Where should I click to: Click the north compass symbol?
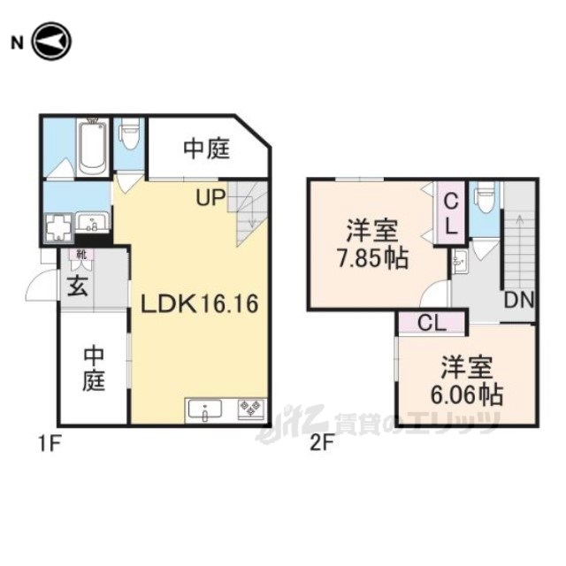[x=52, y=42]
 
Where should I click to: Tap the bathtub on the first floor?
[x=93, y=148]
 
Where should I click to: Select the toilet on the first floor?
[x=130, y=134]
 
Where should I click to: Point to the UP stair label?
[x=210, y=198]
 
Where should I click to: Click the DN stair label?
[x=519, y=300]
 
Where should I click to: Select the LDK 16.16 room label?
[x=199, y=303]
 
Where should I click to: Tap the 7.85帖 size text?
[x=373, y=258]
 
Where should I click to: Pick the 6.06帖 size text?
[x=467, y=394]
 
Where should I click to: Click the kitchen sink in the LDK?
[x=204, y=410]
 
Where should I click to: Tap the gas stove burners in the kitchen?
[x=251, y=409]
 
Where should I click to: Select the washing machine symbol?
[x=59, y=227]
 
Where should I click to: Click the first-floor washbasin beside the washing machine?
[x=92, y=222]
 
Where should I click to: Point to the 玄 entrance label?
[x=78, y=287]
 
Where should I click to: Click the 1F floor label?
[x=49, y=444]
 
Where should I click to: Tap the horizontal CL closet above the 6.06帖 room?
[x=432, y=323]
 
